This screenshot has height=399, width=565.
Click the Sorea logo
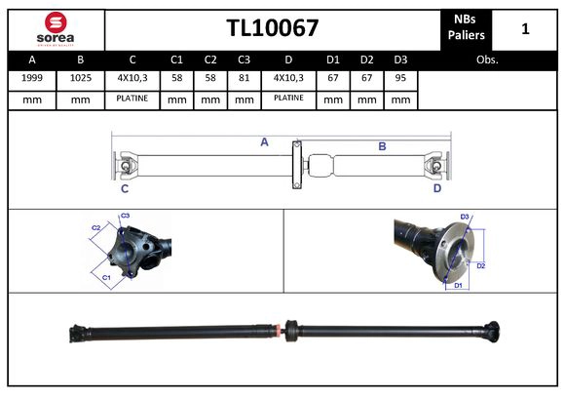pyautogui.click(x=54, y=28)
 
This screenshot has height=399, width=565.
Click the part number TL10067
pyautogui.click(x=273, y=28)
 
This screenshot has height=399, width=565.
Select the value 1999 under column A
pyautogui.click(x=31, y=77)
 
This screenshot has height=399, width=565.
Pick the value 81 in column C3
pyautogui.click(x=244, y=77)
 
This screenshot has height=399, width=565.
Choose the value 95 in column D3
pyautogui.click(x=399, y=77)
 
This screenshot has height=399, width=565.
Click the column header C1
pyautogui.click(x=176, y=59)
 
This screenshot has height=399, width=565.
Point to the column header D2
pyautogui.click(x=366, y=59)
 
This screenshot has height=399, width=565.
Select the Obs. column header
pyautogui.click(x=488, y=59)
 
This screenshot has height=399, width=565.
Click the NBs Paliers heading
pyautogui.click(x=466, y=28)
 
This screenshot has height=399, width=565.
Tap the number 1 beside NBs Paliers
pyautogui.click(x=525, y=28)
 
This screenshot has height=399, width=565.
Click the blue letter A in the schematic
pyautogui.click(x=264, y=142)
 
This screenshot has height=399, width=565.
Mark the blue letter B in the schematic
pyautogui.click(x=382, y=146)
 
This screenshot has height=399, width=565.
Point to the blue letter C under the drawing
pyautogui.click(x=125, y=188)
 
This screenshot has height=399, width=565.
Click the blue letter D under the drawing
pyautogui.click(x=437, y=188)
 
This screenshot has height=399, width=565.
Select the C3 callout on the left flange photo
pyautogui.click(x=125, y=216)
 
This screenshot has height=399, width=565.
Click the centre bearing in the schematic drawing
pyautogui.click(x=295, y=166)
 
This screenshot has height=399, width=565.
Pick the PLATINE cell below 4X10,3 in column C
pyautogui.click(x=132, y=99)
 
